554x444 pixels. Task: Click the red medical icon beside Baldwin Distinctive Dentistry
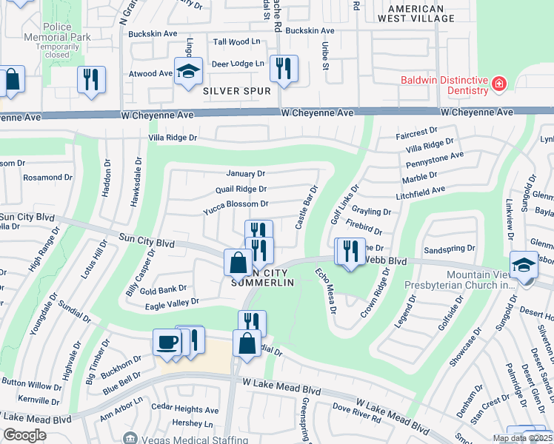point(500,84)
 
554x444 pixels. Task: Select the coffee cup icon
point(166,342)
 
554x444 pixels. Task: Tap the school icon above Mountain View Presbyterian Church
point(523,264)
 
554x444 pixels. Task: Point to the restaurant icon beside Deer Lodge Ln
point(283,68)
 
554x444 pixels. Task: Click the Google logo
point(24,435)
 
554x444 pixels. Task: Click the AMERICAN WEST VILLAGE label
point(421,14)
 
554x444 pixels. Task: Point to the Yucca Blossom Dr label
point(236,204)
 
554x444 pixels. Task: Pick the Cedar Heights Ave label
point(185,409)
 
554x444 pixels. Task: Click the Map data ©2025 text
point(521,438)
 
